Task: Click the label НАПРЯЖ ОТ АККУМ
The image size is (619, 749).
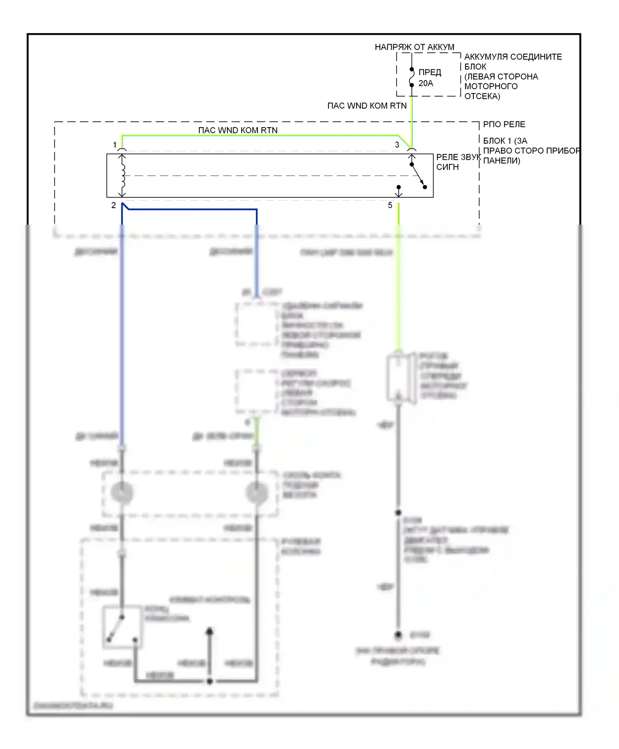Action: click(x=414, y=47)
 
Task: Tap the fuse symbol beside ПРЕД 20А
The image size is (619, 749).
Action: click(x=411, y=77)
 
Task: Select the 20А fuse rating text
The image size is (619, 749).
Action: click(x=426, y=83)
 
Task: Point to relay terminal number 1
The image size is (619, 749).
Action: click(x=115, y=145)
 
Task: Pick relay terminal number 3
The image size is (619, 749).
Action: click(x=397, y=145)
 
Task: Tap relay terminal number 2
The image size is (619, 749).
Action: click(x=113, y=205)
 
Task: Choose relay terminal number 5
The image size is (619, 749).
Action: click(x=390, y=205)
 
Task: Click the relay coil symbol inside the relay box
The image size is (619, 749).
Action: click(x=123, y=176)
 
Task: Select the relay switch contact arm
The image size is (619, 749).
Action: click(x=418, y=175)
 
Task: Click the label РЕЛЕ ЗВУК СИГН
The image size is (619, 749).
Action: click(x=458, y=162)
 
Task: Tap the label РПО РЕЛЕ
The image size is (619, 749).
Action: click(x=504, y=124)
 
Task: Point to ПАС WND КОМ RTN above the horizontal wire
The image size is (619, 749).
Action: click(x=238, y=130)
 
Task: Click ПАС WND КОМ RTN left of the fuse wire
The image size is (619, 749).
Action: click(x=367, y=106)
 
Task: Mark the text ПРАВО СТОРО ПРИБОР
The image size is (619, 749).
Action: click(x=532, y=151)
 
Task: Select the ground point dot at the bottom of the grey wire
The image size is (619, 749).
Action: click(x=398, y=635)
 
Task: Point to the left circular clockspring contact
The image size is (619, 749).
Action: click(x=122, y=493)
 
